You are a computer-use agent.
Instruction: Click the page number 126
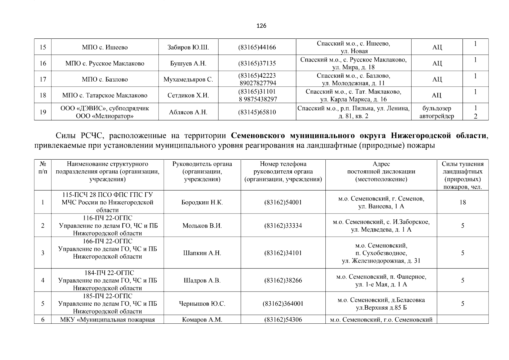(x=261, y=26)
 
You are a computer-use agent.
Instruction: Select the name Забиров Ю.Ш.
(x=188, y=47)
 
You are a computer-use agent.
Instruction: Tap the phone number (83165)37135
(x=257, y=63)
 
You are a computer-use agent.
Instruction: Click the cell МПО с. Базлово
(x=105, y=79)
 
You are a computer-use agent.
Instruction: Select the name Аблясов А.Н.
(x=188, y=112)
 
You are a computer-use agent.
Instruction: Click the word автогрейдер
(x=437, y=116)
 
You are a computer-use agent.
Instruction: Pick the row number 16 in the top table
(x=43, y=63)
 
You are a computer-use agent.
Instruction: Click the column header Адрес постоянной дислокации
(x=381, y=172)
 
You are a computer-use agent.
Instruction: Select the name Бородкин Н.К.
(x=202, y=202)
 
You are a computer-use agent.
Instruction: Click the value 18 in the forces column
(x=463, y=202)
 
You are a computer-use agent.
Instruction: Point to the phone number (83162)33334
(x=283, y=226)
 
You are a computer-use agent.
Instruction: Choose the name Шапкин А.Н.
(x=202, y=253)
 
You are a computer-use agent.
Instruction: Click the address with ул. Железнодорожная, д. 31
(x=381, y=260)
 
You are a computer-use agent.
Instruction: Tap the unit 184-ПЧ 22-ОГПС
(x=107, y=273)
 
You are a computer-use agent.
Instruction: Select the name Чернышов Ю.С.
(x=202, y=304)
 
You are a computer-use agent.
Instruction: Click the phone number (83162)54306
(x=283, y=319)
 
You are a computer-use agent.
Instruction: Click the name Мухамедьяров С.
(x=188, y=79)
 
